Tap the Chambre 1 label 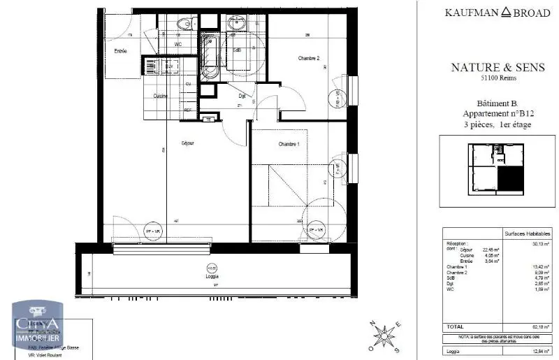(x=289, y=144)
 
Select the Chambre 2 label (x=308, y=58)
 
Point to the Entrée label (x=120, y=51)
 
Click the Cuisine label (x=161, y=95)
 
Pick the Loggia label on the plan (x=211, y=276)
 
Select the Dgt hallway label (x=242, y=96)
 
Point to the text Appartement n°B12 (x=498, y=113)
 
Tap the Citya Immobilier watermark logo (x=41, y=327)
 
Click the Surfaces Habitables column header (x=528, y=234)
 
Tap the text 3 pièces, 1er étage (x=498, y=124)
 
